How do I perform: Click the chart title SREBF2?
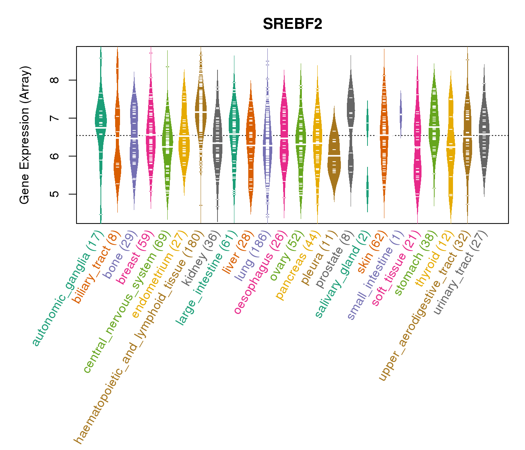pyautogui.click(x=292, y=24)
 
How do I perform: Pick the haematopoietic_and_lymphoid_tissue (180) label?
pyautogui.click(x=139, y=337)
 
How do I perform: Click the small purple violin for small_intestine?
pyautogui.click(x=400, y=112)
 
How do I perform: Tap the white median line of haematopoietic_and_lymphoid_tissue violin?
pyautogui.click(x=201, y=112)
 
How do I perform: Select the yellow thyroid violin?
pyautogui.click(x=450, y=150)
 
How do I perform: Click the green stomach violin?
pyautogui.click(x=434, y=124)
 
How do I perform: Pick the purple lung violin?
pyautogui.click(x=267, y=142)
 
